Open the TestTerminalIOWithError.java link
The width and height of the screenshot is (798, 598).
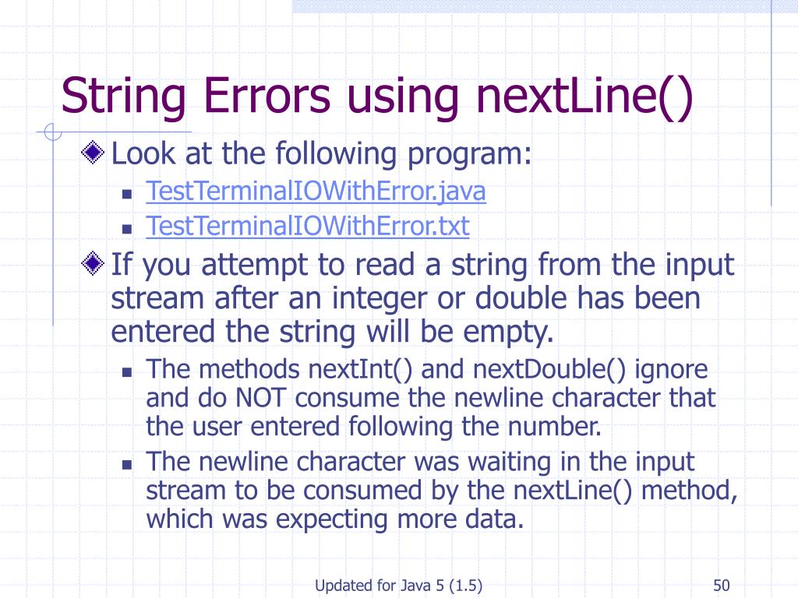tap(316, 192)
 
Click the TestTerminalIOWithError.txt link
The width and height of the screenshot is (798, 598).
tap(308, 227)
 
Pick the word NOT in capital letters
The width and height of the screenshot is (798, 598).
tap(263, 399)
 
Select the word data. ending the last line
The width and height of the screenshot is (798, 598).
tap(493, 519)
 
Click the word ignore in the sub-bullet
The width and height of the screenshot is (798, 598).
tap(672, 369)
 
